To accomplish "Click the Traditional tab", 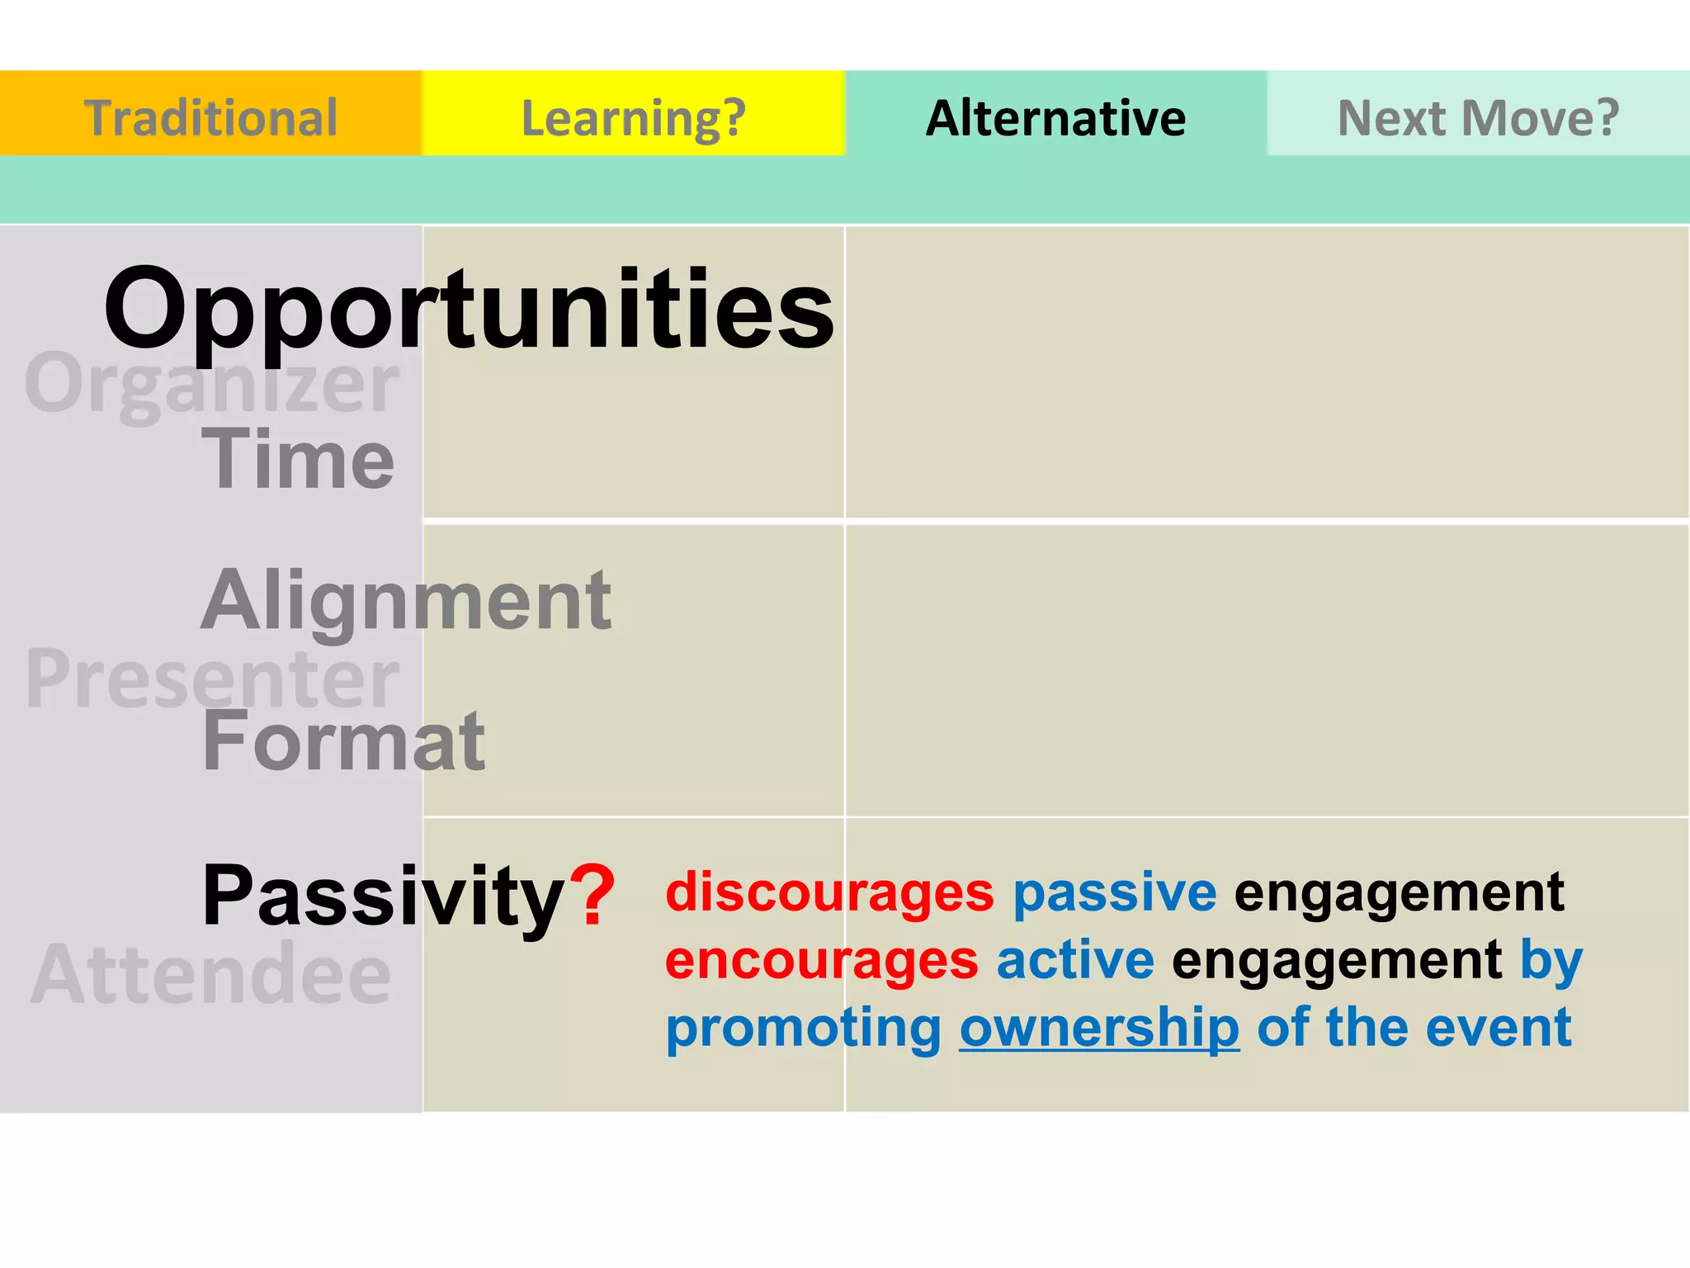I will click(210, 116).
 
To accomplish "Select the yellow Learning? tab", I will click(633, 116).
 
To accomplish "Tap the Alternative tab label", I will click(1055, 116).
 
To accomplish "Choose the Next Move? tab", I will click(1478, 116).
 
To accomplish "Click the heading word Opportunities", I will click(469, 310).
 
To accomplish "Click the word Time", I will click(298, 459).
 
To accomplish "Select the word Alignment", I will click(406, 601).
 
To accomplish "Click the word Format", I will click(343, 740).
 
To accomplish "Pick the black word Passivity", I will click(384, 895).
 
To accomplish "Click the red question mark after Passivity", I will click(592, 895).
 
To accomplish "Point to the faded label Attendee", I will click(210, 975).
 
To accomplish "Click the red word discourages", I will click(829, 892).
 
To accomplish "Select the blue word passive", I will click(1114, 892).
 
